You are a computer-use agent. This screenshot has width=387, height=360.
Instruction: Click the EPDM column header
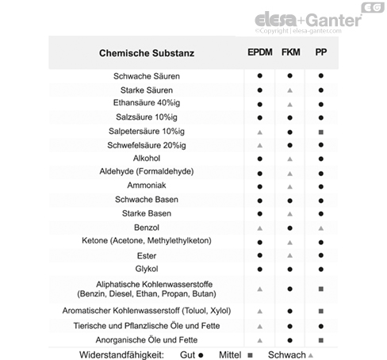259,53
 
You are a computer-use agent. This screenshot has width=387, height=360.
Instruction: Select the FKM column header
290,53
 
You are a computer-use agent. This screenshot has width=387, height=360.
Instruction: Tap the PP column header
320,53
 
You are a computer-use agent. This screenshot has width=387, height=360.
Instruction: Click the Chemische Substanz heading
147,54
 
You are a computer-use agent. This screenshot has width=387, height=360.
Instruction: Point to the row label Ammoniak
147,186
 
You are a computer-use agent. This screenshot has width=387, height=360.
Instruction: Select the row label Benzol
147,228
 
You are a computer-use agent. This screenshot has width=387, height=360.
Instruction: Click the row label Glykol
147,269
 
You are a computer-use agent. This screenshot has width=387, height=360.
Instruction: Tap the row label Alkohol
147,158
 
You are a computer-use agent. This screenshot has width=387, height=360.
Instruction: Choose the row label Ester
147,255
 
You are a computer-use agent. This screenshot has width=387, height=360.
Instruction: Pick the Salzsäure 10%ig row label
147,117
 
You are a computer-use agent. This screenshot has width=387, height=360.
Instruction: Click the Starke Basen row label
147,213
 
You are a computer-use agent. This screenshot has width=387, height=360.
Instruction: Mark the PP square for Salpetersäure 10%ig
320,131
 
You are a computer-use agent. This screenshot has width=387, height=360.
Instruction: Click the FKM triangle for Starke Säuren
290,90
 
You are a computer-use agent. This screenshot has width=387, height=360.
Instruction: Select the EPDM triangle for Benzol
259,228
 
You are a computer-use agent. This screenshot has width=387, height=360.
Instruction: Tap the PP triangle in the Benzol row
320,228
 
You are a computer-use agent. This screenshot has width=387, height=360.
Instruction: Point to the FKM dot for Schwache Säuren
290,76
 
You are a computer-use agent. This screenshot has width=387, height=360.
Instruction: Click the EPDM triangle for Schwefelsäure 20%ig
259,145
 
